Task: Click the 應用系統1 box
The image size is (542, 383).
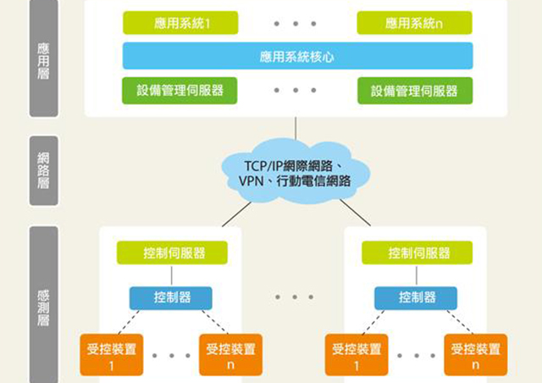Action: click(180, 23)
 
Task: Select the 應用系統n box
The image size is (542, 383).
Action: click(414, 23)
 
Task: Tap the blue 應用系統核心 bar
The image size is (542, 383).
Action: click(297, 56)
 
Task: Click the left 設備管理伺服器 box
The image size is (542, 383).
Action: click(180, 91)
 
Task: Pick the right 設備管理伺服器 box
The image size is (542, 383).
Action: click(415, 91)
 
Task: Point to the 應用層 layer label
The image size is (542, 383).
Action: click(43, 58)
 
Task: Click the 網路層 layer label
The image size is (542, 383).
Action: click(43, 171)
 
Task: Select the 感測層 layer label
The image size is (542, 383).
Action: click(43, 305)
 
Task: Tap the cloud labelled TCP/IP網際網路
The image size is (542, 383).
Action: click(296, 172)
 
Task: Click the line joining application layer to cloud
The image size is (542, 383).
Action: click(296, 128)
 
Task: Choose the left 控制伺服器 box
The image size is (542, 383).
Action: click(172, 253)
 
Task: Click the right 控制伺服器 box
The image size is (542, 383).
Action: click(418, 253)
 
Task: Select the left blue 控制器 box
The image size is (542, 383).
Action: click(171, 298)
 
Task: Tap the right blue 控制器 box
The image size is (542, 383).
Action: click(416, 298)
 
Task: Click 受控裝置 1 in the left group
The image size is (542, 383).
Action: click(111, 355)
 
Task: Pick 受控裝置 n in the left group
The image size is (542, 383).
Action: click(230, 355)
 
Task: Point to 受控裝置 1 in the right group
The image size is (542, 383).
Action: click(357, 355)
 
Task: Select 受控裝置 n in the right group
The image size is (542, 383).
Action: click(476, 355)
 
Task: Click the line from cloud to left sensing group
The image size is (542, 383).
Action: click(236, 214)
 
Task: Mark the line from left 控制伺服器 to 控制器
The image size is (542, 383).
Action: click(172, 275)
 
